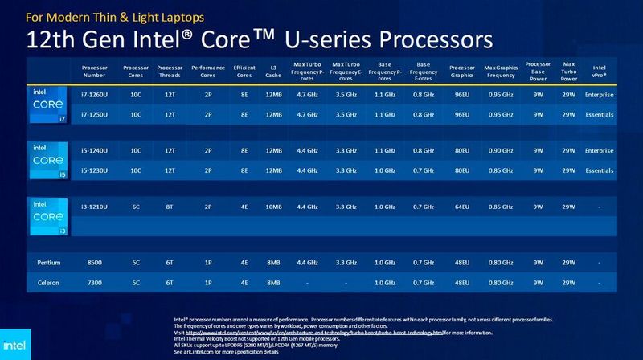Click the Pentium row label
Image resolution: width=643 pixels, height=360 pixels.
click(48, 262)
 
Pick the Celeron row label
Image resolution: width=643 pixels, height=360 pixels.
click(48, 283)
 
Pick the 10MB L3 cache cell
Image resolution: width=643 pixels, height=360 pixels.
click(275, 207)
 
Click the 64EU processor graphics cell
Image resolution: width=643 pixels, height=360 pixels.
click(462, 207)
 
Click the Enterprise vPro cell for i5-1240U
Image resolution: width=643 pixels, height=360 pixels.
click(600, 150)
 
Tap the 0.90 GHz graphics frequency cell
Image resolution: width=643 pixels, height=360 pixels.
click(502, 150)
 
